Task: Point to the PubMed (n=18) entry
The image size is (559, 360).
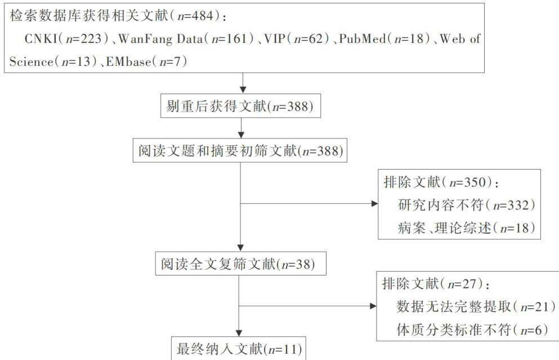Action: click(385, 39)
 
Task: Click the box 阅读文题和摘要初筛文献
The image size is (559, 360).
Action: click(240, 151)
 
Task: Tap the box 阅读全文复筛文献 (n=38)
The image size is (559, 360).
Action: click(240, 263)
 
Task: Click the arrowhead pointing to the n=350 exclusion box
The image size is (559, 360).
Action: click(375, 203)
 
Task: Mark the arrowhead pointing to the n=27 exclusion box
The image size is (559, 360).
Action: click(372, 306)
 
